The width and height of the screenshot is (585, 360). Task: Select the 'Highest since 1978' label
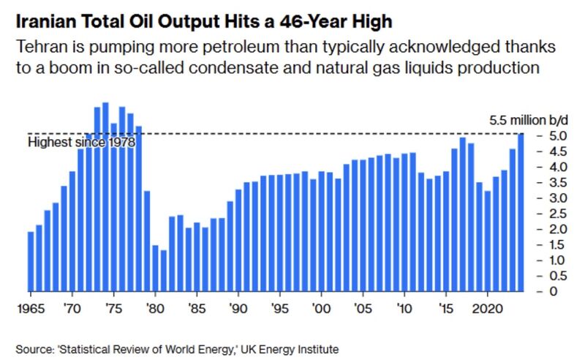pos(81,143)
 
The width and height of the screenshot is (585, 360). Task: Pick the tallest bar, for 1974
pos(105,197)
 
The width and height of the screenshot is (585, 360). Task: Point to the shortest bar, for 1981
pos(164,271)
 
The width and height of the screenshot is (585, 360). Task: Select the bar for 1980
pos(155,268)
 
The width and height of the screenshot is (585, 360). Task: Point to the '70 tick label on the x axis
pos(72,307)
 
